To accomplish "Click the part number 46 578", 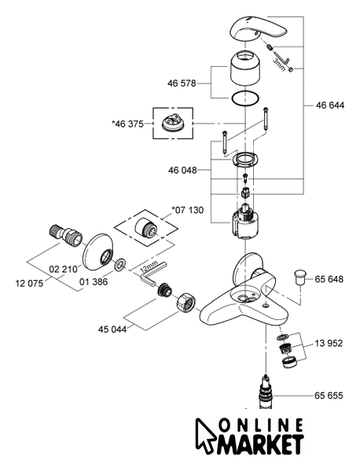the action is coord(182,83).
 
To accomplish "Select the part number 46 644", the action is coord(330,105).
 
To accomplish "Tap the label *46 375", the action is coord(127,123).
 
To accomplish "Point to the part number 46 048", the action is coord(182,171).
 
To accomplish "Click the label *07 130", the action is coord(188,210).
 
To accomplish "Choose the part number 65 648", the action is coord(329,279).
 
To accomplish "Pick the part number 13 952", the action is coord(329,343).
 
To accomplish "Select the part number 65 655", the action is coord(329,396).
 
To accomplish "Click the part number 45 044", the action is coord(112,330).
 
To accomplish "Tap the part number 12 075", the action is coord(29,283).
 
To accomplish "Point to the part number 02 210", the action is coord(63,269).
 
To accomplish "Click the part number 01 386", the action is coord(94,282).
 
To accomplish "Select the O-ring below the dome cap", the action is coord(245,98).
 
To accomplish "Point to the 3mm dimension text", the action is coord(280,64).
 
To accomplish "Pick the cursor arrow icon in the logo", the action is coord(204,435).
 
